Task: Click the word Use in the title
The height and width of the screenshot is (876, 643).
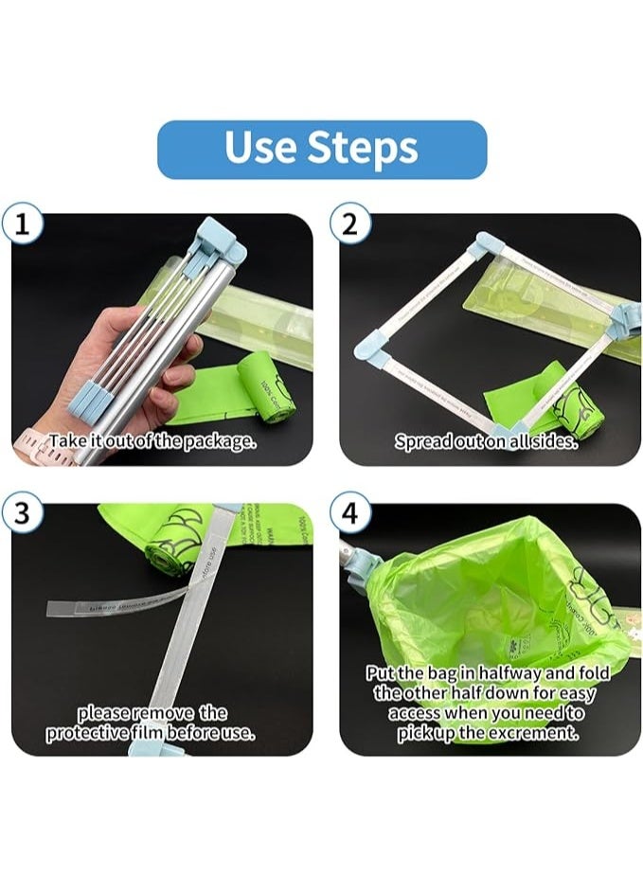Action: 260,149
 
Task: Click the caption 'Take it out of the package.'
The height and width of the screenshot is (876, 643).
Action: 152,441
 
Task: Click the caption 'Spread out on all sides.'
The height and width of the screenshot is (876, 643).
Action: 486,441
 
